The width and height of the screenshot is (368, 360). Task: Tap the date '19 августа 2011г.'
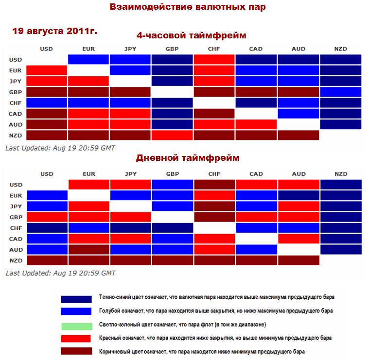(x=54, y=32)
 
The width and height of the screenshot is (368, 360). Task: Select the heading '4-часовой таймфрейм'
(x=191, y=36)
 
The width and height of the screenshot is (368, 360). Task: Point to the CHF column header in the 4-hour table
(x=214, y=49)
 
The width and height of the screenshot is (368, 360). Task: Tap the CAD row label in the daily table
(x=15, y=239)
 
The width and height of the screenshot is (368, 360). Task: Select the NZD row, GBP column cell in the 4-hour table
(x=172, y=135)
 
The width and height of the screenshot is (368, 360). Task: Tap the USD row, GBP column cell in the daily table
(x=172, y=185)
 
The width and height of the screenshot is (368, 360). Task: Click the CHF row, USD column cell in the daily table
(x=47, y=228)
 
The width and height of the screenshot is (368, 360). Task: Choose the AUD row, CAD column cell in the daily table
(x=256, y=249)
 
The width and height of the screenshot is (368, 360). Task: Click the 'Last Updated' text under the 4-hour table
(x=60, y=147)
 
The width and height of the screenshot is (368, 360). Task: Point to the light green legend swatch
(x=76, y=325)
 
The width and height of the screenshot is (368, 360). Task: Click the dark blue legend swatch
(x=76, y=298)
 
